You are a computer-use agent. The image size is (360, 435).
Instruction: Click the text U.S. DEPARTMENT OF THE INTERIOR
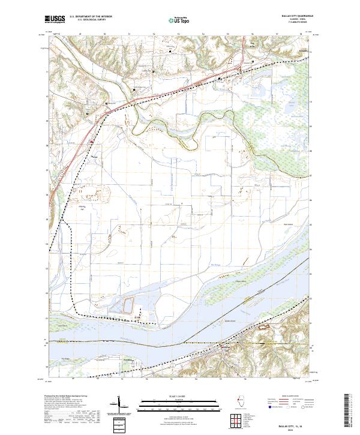coord(92,17)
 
